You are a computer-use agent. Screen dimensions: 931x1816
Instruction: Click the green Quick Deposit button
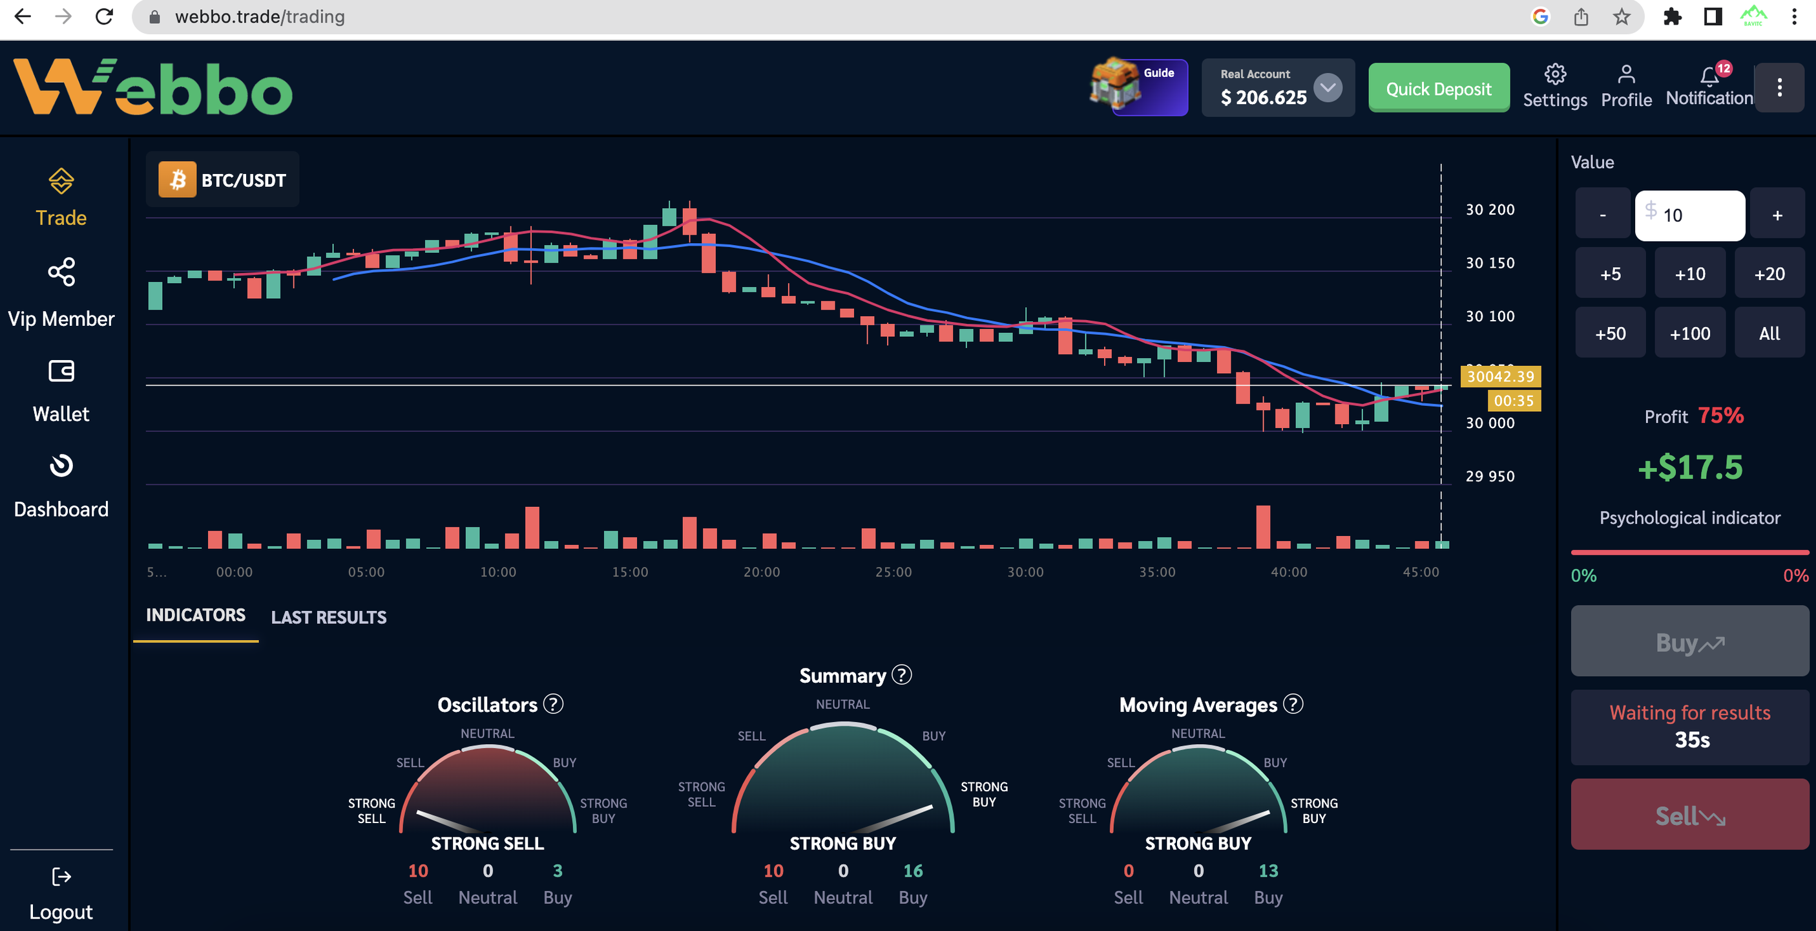1438,88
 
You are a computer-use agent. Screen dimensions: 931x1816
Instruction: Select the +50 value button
1610,333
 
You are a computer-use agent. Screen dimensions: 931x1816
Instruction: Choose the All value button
1769,333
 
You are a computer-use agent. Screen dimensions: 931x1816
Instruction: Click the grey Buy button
1689,642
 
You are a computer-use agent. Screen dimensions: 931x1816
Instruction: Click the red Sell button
1689,815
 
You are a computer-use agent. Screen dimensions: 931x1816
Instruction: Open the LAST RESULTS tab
329,617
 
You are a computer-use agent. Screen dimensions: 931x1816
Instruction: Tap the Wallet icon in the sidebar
61,371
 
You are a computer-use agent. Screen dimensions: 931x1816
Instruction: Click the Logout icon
61,877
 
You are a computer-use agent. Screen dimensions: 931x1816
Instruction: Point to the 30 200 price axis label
1490,209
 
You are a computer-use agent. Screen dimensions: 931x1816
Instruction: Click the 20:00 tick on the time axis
762,572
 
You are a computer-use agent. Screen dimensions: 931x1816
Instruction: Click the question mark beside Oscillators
554,704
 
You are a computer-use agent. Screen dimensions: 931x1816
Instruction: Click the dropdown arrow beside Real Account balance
1328,88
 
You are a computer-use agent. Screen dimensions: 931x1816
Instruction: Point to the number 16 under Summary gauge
913,871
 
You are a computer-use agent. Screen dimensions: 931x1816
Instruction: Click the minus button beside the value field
1602,215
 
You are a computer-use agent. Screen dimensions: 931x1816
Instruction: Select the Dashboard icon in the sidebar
61,465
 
